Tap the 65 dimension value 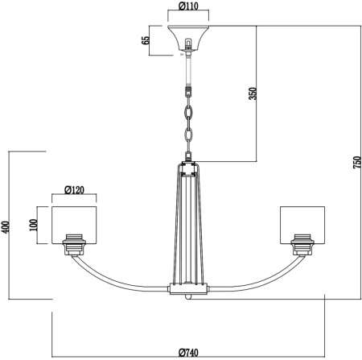(x=146, y=41)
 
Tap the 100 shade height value (x=35, y=223)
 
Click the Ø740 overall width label (x=189, y=351)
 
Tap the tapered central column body (x=188, y=226)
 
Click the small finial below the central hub (x=188, y=296)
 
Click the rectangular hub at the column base (x=188, y=288)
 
